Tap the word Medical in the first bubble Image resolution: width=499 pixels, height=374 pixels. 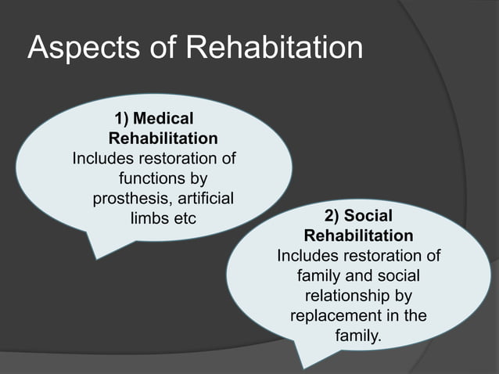tap(164, 119)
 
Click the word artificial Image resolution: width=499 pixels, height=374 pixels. tap(207, 198)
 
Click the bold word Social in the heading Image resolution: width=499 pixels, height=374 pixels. tap(368, 216)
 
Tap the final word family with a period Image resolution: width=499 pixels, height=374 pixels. tap(359, 336)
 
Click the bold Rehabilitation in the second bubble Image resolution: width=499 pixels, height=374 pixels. tap(358, 236)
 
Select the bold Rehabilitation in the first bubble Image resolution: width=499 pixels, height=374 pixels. tap(163, 138)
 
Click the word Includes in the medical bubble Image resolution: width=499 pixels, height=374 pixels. tap(104, 159)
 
